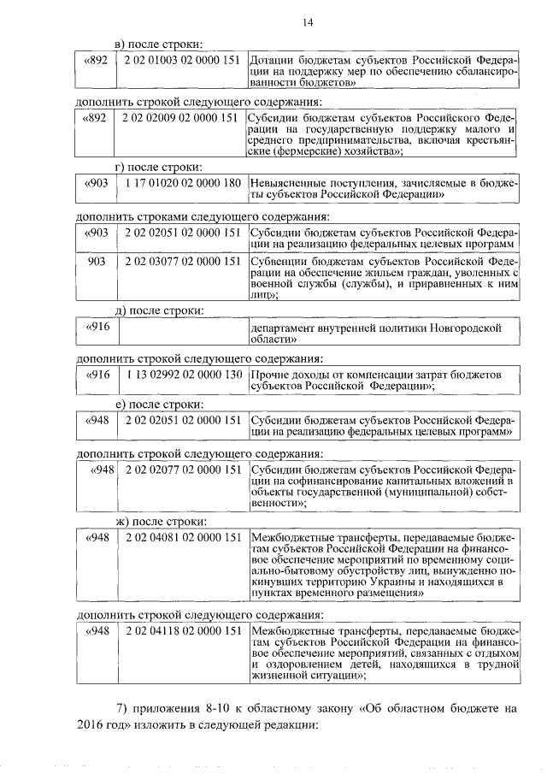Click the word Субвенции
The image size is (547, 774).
(278, 262)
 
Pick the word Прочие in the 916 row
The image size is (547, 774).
(268, 375)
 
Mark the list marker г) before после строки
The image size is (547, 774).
(123, 166)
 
